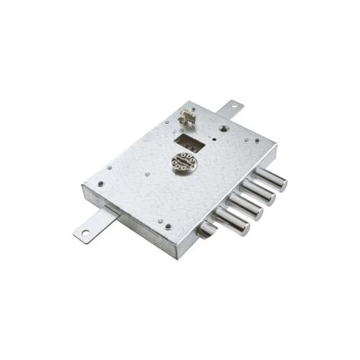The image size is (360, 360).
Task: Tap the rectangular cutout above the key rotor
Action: coord(188,142)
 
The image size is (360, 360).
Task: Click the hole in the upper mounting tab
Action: coord(233,106)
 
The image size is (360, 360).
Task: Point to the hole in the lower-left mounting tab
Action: coord(87,232)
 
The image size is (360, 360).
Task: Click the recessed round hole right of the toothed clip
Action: coord(221,129)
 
